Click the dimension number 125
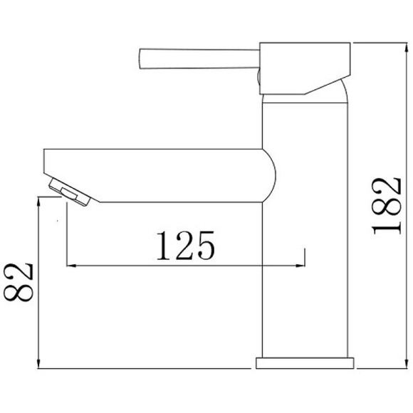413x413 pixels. pos(184,246)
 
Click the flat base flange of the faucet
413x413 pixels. pos(305,362)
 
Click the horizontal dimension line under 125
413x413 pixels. pos(185,266)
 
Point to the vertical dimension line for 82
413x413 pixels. pos(38,285)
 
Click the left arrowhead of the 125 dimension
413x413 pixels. pos(69,266)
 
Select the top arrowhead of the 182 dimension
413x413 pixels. pos(356,45)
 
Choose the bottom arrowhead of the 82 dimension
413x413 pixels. pos(38,365)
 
